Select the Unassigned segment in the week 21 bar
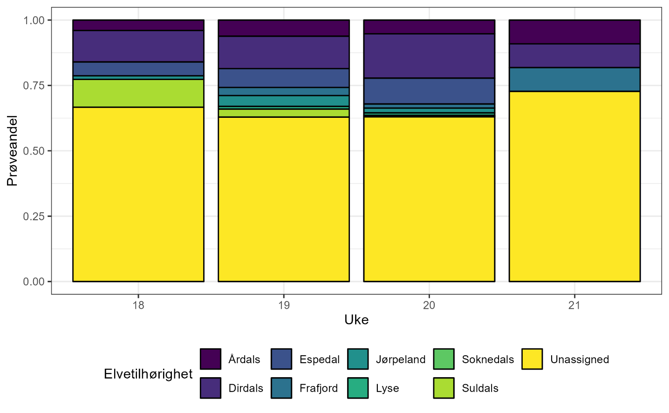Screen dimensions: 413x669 point(574,186)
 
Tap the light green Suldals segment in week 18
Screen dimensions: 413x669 point(138,93)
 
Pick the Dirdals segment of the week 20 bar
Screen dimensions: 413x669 point(429,56)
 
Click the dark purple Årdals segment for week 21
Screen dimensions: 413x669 point(574,32)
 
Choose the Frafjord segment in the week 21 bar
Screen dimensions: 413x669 point(574,80)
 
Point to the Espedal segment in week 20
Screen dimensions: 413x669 point(429,91)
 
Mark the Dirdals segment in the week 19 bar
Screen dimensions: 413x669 point(284,52)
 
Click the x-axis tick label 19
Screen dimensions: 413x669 point(284,305)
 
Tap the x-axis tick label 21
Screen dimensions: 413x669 point(574,305)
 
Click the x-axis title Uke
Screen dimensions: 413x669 point(356,320)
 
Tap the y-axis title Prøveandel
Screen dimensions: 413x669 point(12,151)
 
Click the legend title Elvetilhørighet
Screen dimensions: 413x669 point(148,374)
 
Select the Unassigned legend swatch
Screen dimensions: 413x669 point(532,359)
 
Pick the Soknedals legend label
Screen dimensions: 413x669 point(488,359)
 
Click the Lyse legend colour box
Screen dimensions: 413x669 point(358,388)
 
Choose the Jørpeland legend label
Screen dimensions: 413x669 point(401,359)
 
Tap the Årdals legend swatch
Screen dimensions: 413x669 point(211,359)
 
